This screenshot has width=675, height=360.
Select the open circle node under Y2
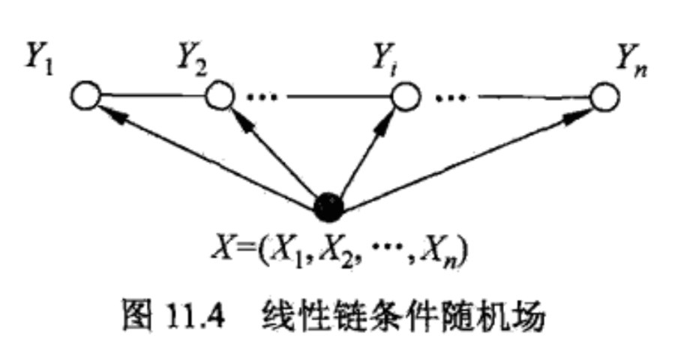[217, 96]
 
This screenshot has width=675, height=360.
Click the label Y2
[193, 53]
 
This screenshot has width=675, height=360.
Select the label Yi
[386, 53]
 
